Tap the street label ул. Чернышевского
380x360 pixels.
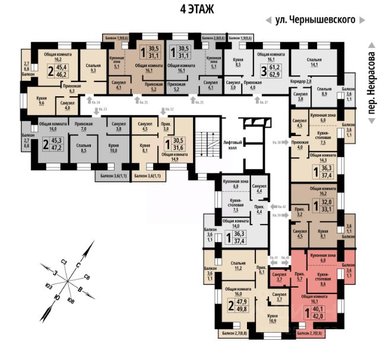point(315,20)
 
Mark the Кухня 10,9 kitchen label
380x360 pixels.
point(273,318)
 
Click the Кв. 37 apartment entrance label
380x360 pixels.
point(263,102)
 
